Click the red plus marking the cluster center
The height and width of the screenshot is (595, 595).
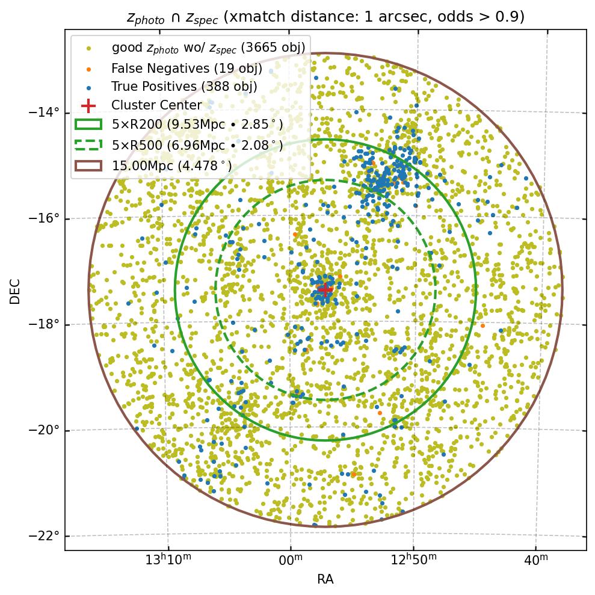[x=325, y=289]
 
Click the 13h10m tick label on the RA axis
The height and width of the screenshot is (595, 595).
[x=168, y=561]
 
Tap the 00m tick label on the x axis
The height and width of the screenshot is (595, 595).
[x=291, y=561]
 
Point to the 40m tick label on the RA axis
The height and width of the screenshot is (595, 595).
[x=535, y=561]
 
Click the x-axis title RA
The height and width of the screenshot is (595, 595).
[x=325, y=579]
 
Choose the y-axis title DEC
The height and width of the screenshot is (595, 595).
[x=15, y=291]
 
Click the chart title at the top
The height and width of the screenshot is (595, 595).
[x=325, y=17]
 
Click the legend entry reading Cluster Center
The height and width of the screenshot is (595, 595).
[x=156, y=105]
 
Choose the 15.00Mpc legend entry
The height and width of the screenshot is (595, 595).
[x=172, y=165]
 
